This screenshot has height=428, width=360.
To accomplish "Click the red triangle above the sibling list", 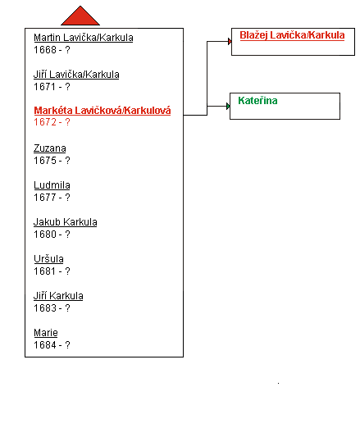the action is click(80, 17).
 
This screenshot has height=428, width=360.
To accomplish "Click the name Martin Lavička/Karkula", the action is click(84, 38).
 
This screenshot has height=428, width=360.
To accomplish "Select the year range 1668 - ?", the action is click(52, 50).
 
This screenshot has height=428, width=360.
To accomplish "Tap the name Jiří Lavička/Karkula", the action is click(76, 75).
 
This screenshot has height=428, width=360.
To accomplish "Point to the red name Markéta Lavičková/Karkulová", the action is click(103, 111).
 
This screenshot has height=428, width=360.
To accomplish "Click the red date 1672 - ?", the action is click(52, 122).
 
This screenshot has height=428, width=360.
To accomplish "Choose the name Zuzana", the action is click(50, 148).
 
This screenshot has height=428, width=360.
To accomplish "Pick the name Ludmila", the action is click(52, 185).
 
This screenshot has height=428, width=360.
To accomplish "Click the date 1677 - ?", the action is click(52, 197).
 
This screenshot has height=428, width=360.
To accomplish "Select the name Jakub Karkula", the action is click(66, 222).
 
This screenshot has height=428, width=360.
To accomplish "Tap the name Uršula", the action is click(48, 259).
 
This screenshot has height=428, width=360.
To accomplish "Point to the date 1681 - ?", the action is click(52, 271).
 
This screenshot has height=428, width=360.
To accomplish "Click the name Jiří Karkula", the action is click(58, 296).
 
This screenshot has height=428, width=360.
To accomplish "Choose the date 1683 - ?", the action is click(52, 307).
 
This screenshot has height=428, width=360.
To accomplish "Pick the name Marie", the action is click(46, 333).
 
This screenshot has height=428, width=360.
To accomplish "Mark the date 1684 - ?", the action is click(52, 344).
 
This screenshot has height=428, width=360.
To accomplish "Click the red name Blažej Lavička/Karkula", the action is click(292, 35).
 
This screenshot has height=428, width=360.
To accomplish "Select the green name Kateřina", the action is click(257, 101).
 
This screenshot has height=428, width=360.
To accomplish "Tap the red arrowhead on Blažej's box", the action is click(230, 42).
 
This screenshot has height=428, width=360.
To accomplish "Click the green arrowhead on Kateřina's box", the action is click(228, 106).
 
